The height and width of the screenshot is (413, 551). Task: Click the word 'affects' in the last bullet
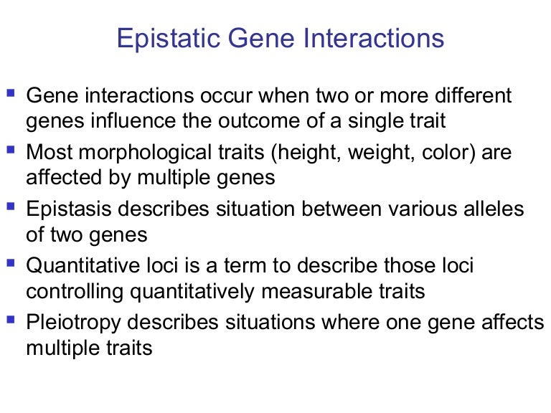tap(514, 323)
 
